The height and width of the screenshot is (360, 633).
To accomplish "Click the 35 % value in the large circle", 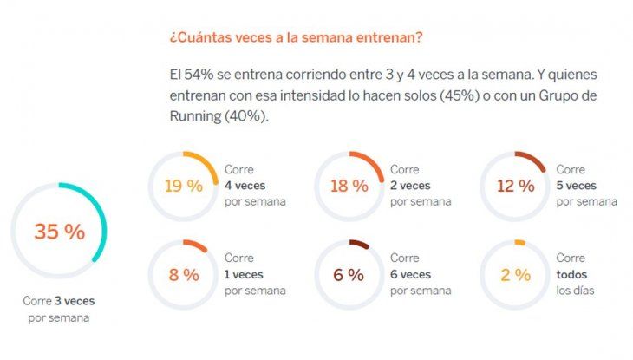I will (59, 232).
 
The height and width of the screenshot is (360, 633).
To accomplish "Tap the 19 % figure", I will (183, 186).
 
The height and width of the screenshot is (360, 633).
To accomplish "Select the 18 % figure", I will (349, 186).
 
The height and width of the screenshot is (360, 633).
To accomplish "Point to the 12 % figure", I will (514, 186).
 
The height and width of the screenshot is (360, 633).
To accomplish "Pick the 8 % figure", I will (183, 275).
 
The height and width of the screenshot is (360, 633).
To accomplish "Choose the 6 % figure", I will (349, 275).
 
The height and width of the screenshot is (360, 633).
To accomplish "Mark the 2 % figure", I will (514, 275).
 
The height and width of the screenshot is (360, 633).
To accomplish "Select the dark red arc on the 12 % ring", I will (532, 159).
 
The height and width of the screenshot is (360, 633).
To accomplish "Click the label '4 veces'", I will (245, 186).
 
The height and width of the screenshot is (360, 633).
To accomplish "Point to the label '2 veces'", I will (411, 186).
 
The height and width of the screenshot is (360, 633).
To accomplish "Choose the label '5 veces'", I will (577, 186).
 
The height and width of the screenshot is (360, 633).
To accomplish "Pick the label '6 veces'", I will (411, 274).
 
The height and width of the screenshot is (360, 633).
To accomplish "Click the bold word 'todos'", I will (571, 274).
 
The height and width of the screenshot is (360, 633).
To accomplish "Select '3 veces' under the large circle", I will (75, 302).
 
